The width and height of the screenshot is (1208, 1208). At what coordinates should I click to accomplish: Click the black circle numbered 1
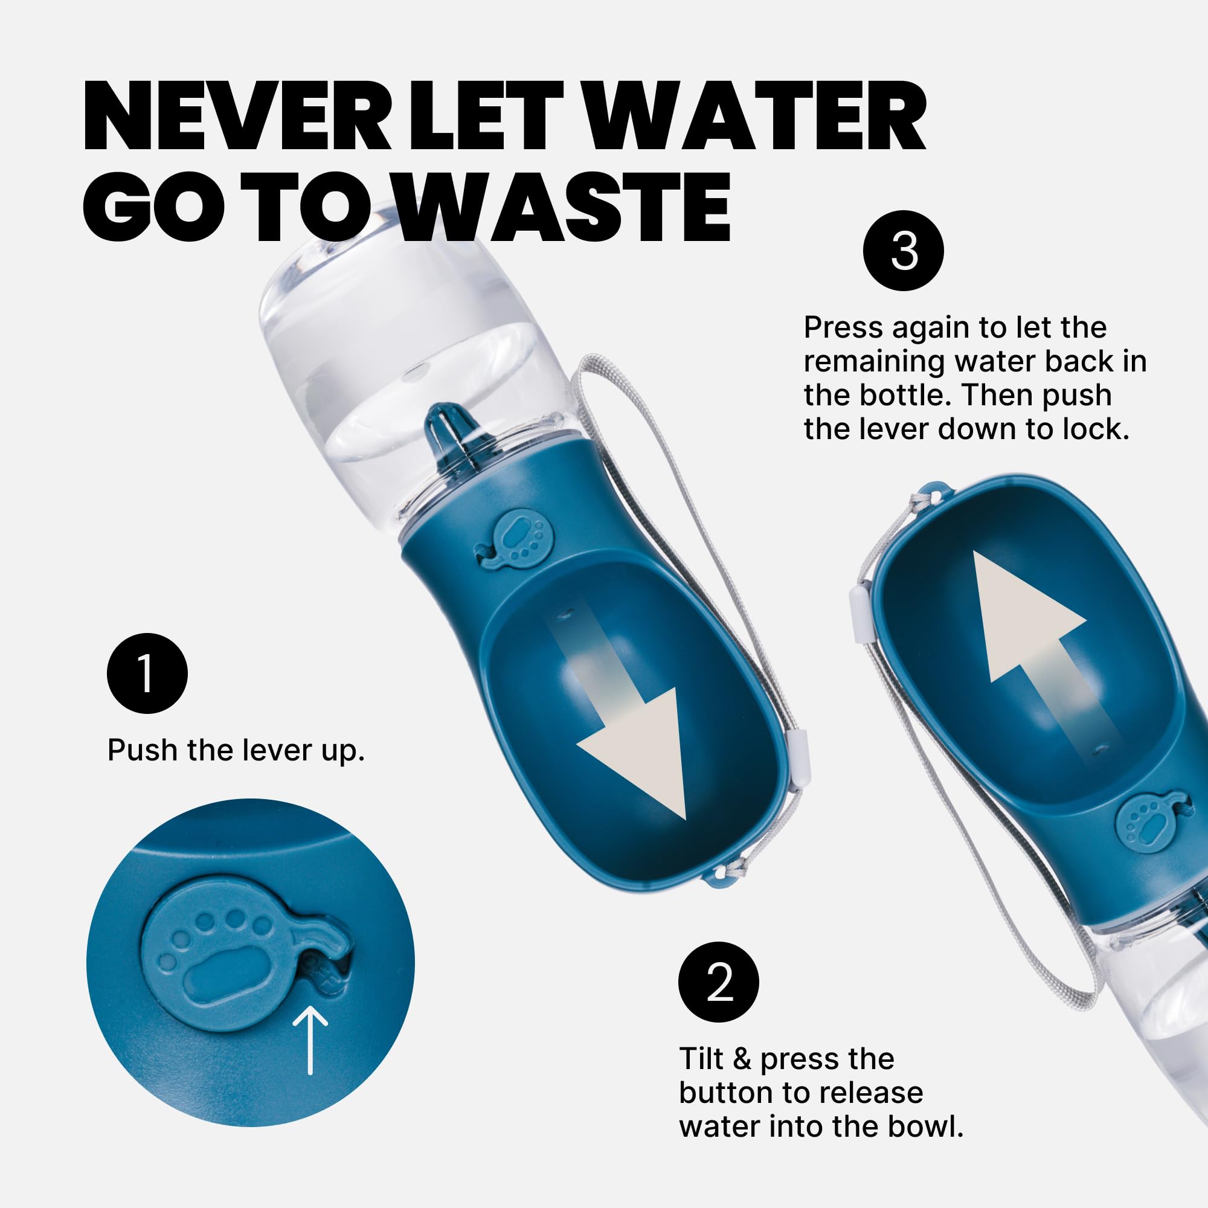click(147, 673)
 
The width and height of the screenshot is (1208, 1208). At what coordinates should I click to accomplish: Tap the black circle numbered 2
click(718, 981)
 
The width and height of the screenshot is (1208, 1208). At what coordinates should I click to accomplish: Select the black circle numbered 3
click(904, 250)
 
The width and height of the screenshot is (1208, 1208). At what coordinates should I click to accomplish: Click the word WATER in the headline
click(754, 116)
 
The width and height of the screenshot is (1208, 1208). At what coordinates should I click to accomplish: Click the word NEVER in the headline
click(237, 116)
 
